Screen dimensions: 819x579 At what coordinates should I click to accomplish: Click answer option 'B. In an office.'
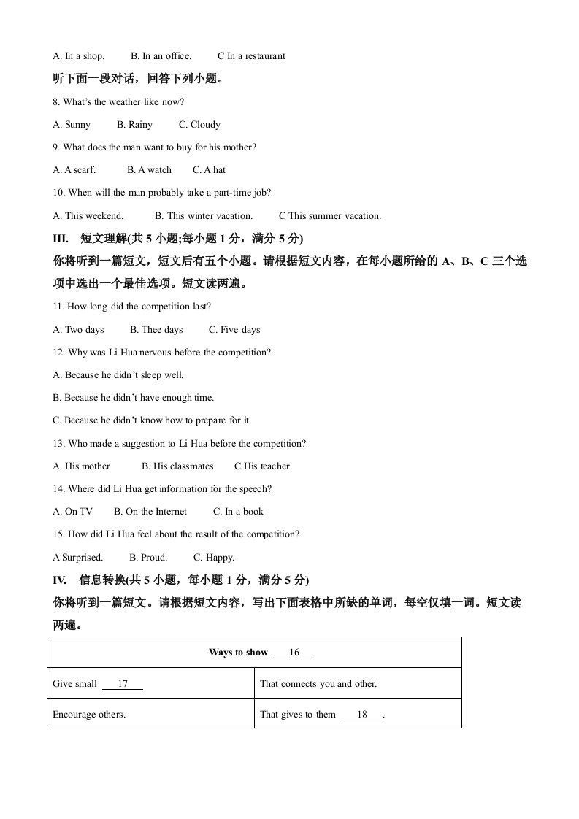[161, 56]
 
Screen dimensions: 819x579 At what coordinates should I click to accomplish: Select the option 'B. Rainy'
[134, 125]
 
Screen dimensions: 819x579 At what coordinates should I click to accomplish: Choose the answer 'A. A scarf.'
[74, 170]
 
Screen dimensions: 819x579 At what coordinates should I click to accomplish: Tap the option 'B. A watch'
[149, 170]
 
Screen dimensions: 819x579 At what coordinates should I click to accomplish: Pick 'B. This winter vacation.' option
[204, 216]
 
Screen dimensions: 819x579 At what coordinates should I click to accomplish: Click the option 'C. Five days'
[234, 330]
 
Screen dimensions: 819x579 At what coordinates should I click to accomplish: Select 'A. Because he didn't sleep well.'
[118, 375]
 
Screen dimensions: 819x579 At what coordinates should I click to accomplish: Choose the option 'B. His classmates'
[177, 466]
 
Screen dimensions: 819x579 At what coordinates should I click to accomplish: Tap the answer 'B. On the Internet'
[150, 512]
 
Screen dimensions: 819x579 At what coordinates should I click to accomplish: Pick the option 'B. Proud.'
[148, 558]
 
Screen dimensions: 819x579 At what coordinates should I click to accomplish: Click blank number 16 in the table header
[294, 653]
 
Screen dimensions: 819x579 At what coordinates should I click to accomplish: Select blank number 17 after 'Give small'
[123, 684]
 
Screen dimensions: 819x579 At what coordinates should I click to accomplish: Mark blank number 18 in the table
[362, 715]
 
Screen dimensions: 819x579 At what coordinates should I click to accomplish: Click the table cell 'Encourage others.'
[89, 715]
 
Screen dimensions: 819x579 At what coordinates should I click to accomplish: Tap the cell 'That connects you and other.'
[318, 684]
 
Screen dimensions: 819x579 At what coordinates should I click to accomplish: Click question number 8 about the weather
[57, 102]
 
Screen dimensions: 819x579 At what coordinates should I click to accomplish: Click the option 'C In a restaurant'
[251, 56]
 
